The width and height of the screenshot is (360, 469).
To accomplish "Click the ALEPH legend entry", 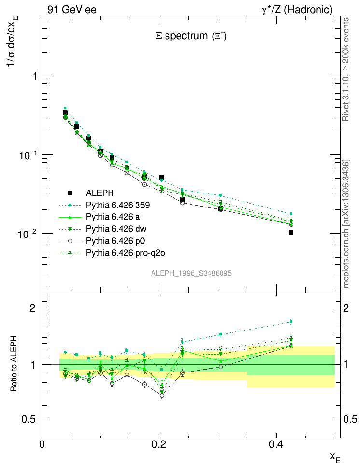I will pyautogui.click(x=99, y=193).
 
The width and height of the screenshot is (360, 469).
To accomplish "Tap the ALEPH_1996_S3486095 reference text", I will pyautogui.click(x=192, y=273).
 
